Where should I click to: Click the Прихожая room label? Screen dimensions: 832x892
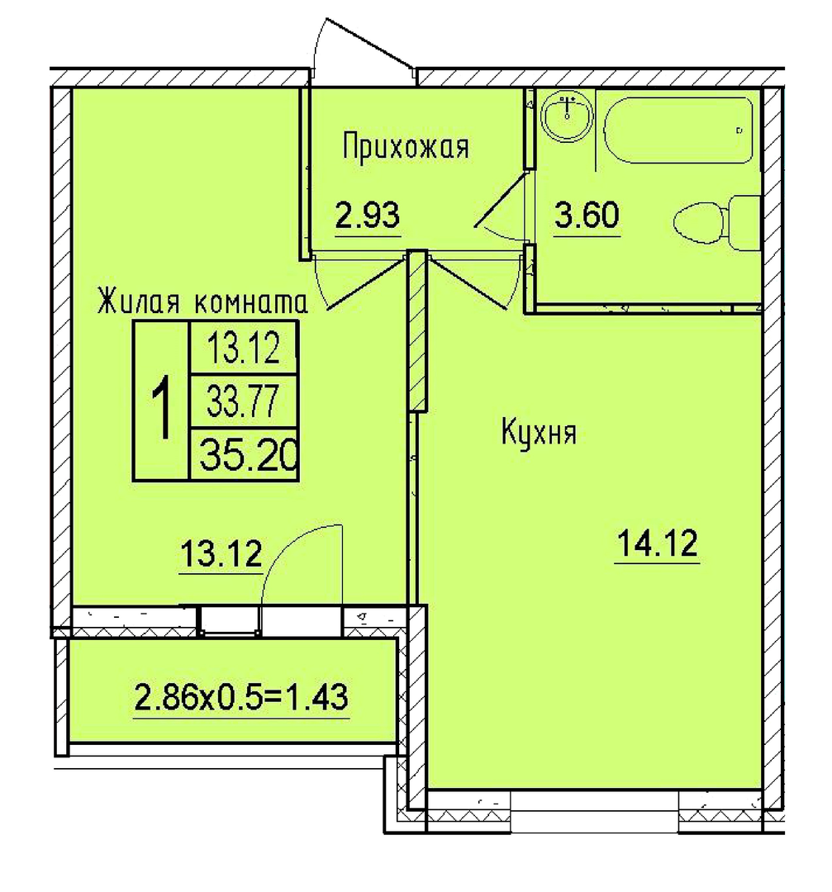(x=406, y=148)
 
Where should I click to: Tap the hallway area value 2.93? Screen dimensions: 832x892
(x=368, y=215)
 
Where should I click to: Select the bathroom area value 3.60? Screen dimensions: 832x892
(x=587, y=215)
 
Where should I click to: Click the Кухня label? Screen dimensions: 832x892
(x=539, y=432)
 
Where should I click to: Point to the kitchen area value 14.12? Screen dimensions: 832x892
(x=658, y=543)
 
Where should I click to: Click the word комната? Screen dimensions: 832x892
(x=251, y=302)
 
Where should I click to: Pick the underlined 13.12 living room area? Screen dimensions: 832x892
(x=221, y=553)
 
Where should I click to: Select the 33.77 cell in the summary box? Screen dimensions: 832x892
(x=242, y=401)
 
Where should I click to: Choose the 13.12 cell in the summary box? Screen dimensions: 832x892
(x=244, y=349)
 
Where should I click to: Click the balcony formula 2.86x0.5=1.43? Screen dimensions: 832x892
(x=240, y=697)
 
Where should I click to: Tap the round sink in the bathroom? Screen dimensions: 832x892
(x=567, y=117)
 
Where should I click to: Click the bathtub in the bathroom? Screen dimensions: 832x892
(x=679, y=130)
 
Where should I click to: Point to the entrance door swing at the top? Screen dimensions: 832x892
(x=364, y=45)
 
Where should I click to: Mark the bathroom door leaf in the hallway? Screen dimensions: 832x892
(x=500, y=199)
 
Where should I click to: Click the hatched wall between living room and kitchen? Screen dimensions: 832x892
(x=417, y=332)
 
